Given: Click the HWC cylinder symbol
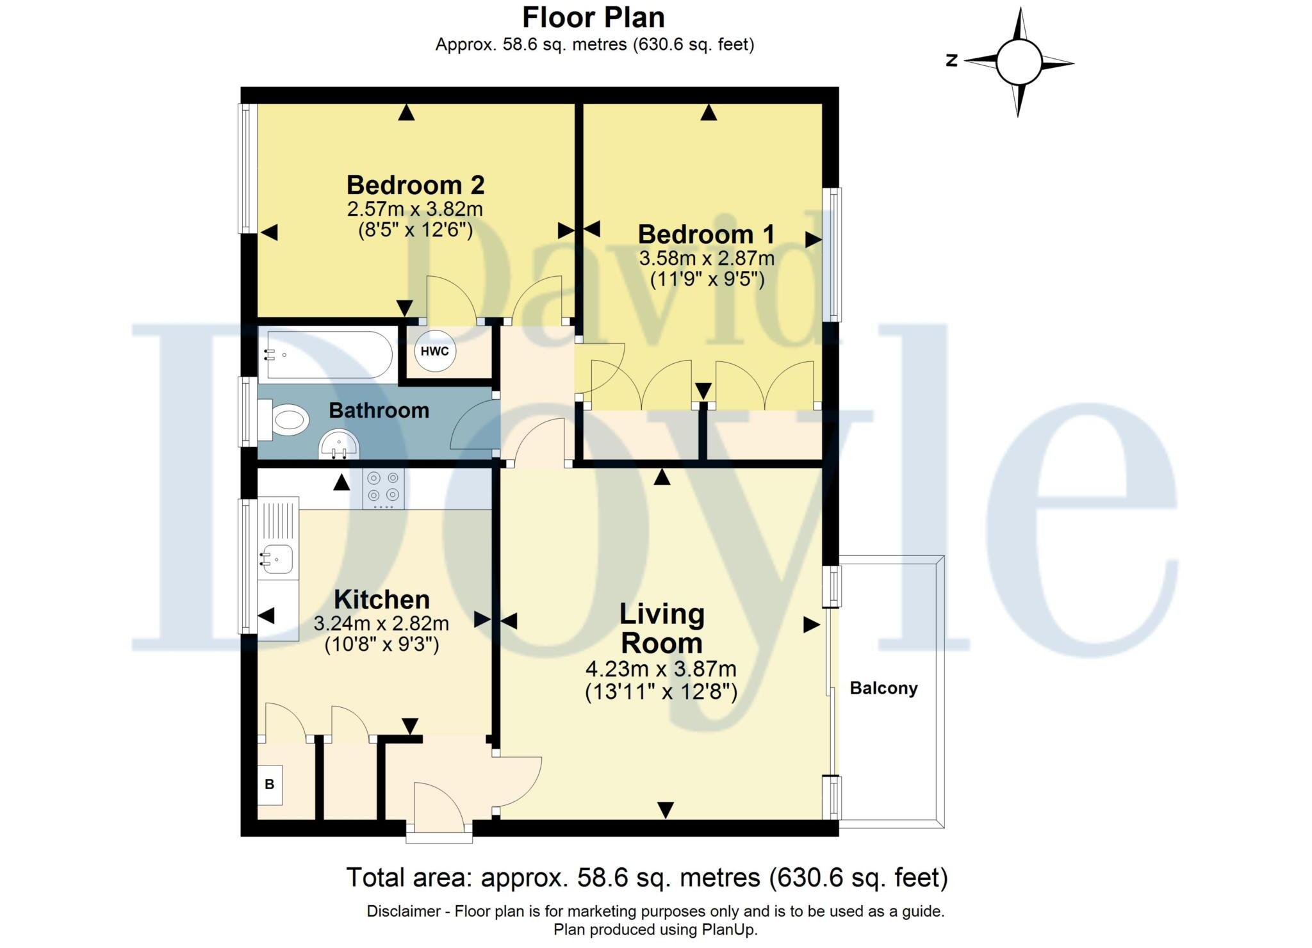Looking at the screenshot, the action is point(435,351).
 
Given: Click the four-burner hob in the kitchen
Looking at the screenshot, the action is point(383,489).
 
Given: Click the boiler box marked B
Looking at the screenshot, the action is point(270,784).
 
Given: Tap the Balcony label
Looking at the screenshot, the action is point(883,688).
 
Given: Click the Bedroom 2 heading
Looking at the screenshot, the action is point(415,184).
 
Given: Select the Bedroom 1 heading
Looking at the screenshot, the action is point(706,234).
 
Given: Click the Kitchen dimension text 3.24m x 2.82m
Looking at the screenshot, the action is point(381,623).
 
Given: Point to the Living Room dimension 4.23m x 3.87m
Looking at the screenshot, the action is point(661,669).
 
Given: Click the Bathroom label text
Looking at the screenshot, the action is point(379,410).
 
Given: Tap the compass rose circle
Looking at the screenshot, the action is point(1019,62).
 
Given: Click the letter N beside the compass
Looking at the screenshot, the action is point(952,60).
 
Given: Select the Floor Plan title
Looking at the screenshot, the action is point(594,17).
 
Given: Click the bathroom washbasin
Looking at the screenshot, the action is point(339,445).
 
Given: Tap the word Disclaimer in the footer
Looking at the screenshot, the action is point(404,911).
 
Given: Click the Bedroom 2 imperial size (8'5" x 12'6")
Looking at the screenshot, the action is point(415,229).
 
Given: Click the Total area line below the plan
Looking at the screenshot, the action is point(647,877).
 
